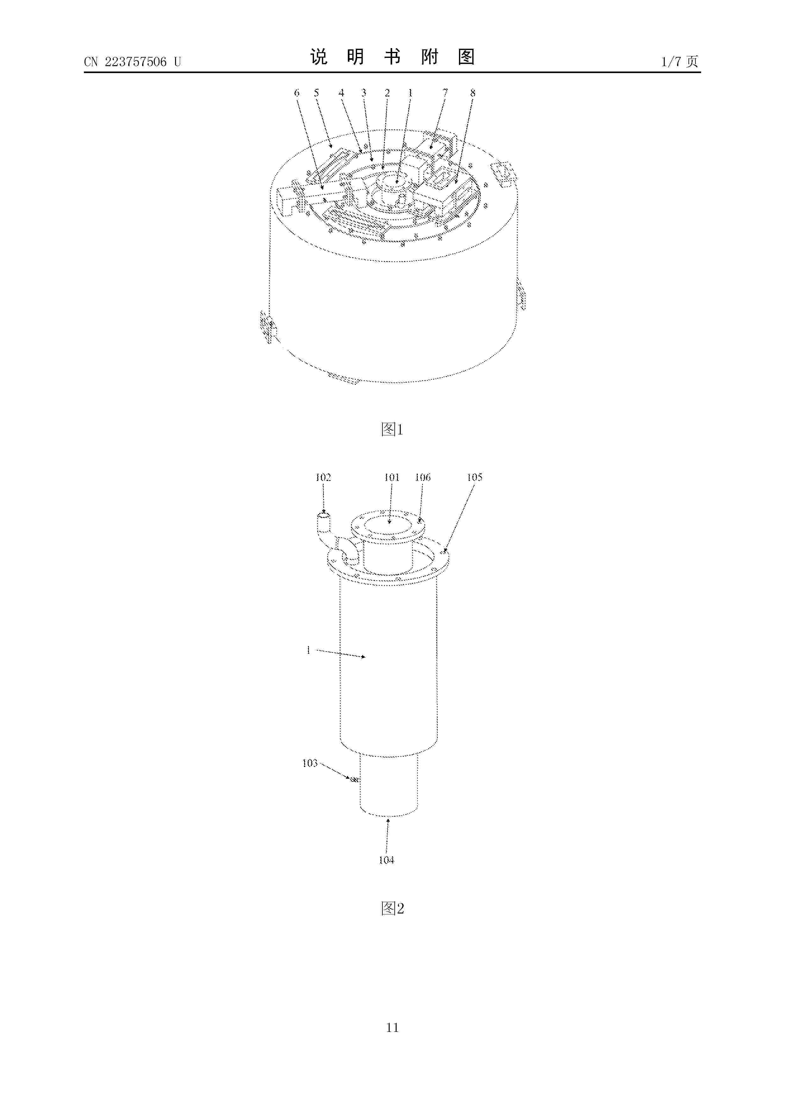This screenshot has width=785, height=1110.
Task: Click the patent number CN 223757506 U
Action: [x=133, y=62]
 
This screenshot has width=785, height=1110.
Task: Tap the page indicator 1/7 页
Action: [x=680, y=61]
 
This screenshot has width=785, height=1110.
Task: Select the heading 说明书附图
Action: [x=392, y=57]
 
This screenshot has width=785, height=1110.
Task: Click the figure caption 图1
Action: [x=392, y=429]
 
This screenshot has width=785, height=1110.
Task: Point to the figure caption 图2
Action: [x=392, y=908]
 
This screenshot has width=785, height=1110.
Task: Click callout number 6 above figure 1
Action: [x=297, y=92]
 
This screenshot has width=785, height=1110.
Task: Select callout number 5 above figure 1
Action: [x=317, y=92]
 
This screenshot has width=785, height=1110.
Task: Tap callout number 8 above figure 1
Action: [x=473, y=92]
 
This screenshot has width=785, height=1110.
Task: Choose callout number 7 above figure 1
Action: [x=445, y=92]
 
